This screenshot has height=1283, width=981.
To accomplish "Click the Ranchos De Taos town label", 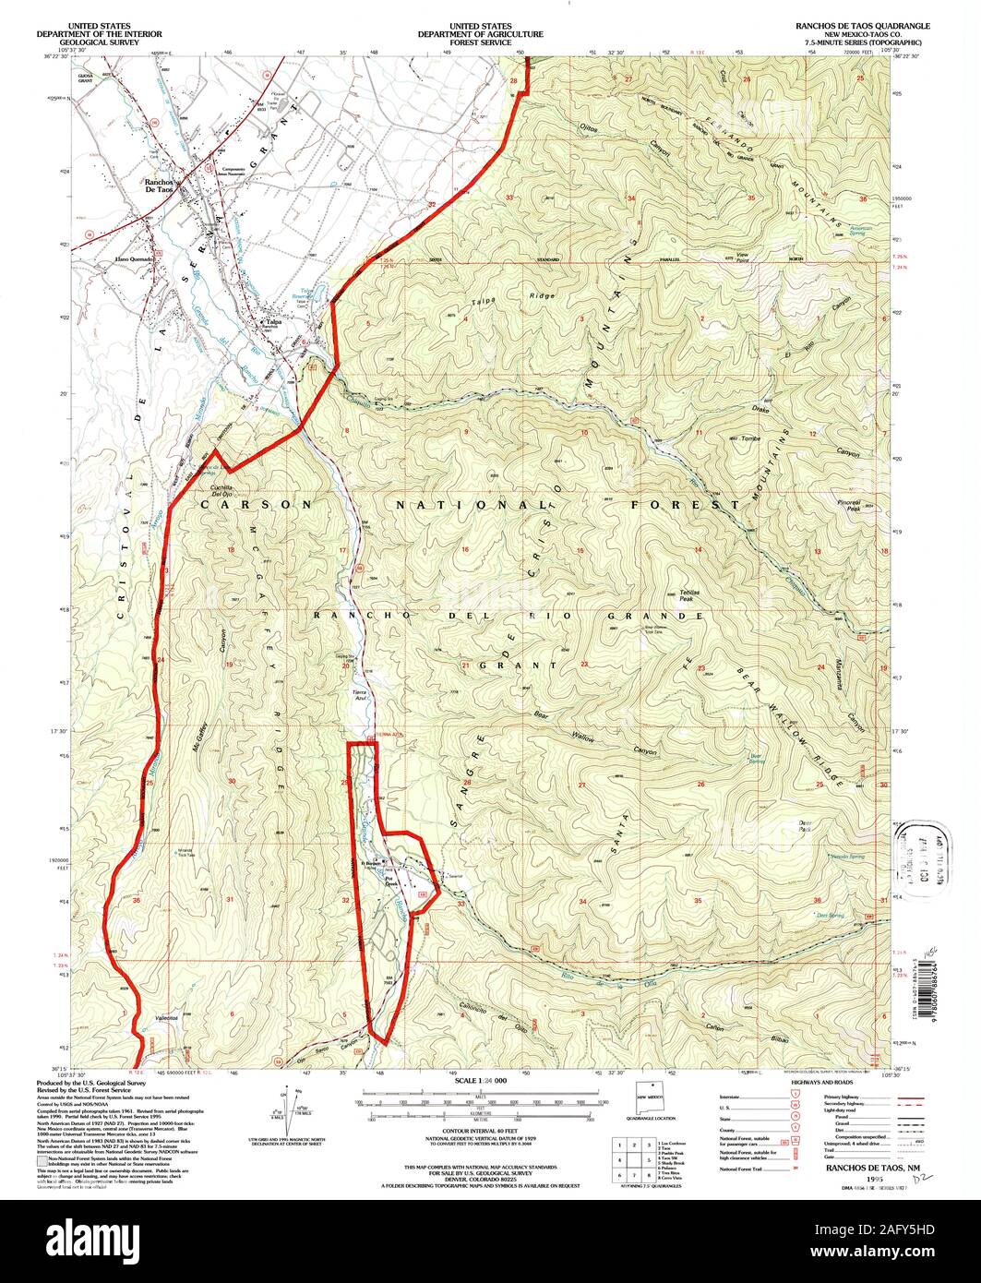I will point(161,184).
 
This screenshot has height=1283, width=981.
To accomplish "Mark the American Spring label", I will point(860,230).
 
